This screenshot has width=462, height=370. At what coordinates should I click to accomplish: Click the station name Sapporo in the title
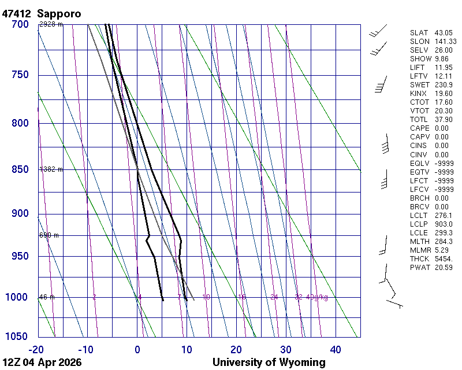point(59,13)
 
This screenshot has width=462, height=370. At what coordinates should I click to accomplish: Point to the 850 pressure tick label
point(20,169)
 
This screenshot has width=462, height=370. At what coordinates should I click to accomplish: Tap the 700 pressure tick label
point(20,24)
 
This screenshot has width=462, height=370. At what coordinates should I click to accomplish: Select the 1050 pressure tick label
point(17,336)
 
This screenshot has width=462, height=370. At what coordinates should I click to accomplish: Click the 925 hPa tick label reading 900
point(20,214)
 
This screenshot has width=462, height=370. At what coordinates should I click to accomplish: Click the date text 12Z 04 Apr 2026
point(42,362)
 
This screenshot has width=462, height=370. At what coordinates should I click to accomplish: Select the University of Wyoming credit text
point(269,362)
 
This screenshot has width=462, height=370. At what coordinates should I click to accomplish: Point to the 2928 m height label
point(51,24)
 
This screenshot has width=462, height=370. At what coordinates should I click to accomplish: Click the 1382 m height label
point(51,169)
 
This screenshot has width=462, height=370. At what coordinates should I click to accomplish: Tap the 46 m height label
point(47,297)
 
